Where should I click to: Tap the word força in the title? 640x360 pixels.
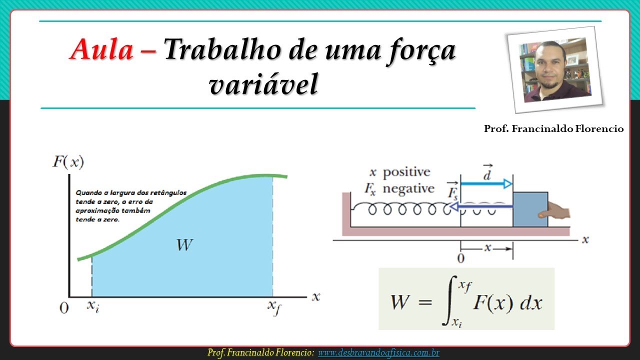(418, 51)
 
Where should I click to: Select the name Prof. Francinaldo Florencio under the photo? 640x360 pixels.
(553, 129)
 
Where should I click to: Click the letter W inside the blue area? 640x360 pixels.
(184, 245)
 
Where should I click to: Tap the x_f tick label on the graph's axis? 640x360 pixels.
(273, 307)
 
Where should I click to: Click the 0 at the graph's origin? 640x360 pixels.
(64, 308)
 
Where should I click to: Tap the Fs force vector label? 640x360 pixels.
(452, 190)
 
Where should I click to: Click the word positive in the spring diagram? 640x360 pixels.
(406, 172)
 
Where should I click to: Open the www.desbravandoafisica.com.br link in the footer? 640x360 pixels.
(378, 353)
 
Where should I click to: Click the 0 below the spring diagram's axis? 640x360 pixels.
(461, 258)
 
